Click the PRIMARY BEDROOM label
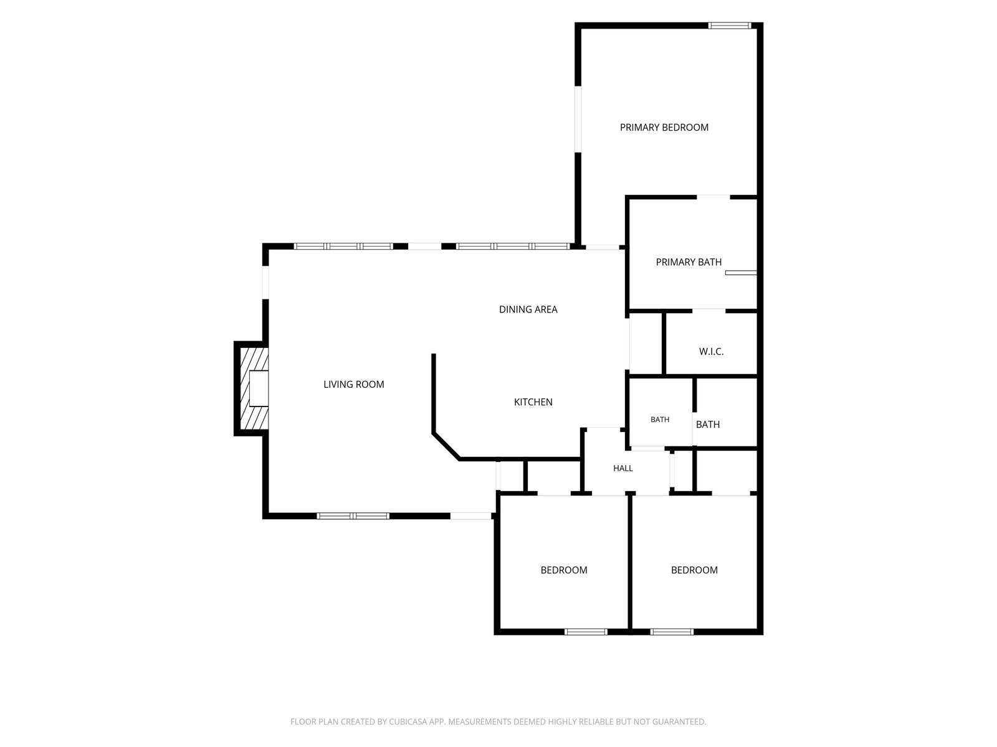664,128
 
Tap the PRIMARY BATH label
689,262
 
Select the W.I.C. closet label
711,352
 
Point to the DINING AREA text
528,309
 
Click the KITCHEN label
533,402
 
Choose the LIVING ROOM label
353,385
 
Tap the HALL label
623,468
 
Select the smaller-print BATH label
659,420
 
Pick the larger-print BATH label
708,425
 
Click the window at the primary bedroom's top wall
730,26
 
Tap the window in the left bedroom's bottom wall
586,632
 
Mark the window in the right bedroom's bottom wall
672,632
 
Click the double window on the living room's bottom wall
353,515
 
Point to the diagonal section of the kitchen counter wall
446,446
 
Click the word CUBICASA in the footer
407,721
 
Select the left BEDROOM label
564,570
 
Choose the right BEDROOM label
694,570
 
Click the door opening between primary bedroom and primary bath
713,197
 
